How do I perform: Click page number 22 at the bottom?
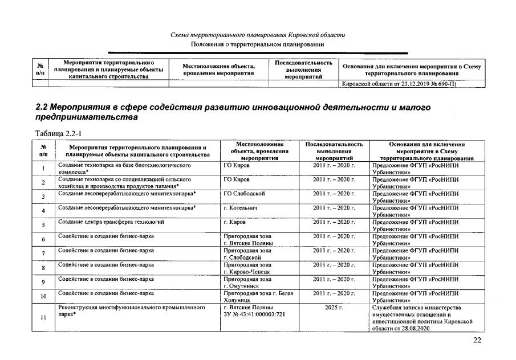pos(478,341)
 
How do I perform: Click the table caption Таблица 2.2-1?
pos(56,133)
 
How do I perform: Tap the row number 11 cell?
pos(43,318)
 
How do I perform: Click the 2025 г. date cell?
pos(334,308)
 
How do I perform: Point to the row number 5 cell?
pos(43,225)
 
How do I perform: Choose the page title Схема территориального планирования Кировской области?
pos(258,35)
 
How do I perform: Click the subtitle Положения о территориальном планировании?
pos(258,44)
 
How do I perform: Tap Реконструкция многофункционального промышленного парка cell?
pos(131,310)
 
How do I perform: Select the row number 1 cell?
pos(43,169)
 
